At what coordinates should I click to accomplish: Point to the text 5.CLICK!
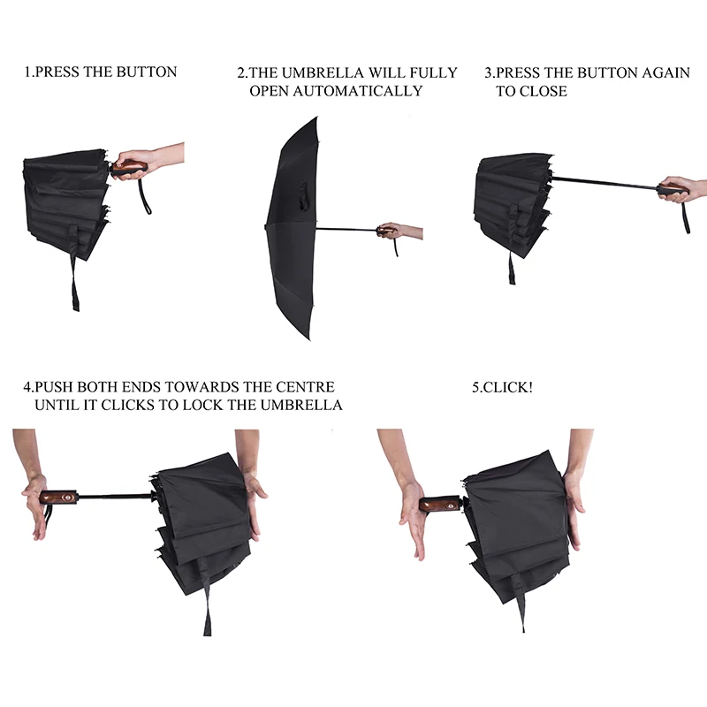pos(503,387)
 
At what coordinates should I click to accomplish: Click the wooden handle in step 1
pos(129,167)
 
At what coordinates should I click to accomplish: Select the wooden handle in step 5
pos(439,505)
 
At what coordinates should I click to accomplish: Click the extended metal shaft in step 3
pos(605,183)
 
